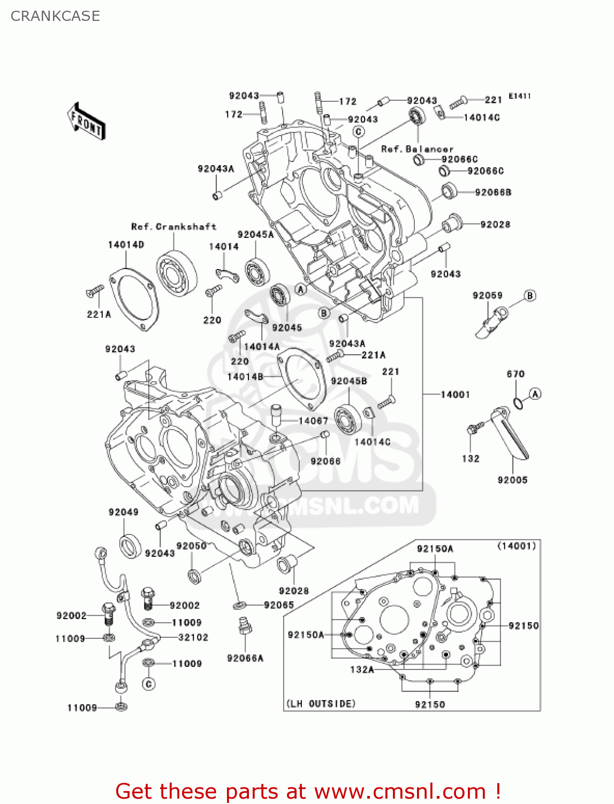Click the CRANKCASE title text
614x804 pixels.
click(55, 16)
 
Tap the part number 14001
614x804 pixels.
click(455, 394)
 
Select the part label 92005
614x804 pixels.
click(512, 480)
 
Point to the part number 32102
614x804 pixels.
click(193, 637)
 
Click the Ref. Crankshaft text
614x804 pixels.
click(173, 227)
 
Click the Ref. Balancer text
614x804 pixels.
click(417, 149)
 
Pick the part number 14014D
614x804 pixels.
click(126, 244)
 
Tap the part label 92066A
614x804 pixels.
click(245, 658)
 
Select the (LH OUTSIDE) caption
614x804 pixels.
click(321, 704)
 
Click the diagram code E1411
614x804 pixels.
click(519, 96)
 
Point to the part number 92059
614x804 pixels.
click(487, 295)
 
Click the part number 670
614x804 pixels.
click(516, 374)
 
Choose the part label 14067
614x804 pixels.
click(313, 421)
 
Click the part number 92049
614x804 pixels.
click(123, 512)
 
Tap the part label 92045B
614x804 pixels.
click(349, 381)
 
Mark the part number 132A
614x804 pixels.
click(362, 669)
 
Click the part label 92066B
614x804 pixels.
click(493, 192)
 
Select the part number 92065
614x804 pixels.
click(279, 605)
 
